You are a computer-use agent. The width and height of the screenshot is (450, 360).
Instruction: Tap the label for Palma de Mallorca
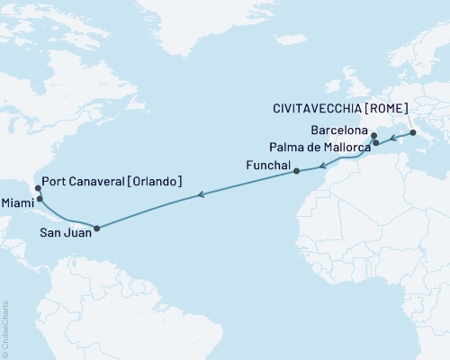319,148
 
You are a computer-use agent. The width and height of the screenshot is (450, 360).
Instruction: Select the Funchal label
266,166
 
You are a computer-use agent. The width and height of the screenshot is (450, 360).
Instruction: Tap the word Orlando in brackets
155,182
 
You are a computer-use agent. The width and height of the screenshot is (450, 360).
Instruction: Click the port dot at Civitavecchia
413,134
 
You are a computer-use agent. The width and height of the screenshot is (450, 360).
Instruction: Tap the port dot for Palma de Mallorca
375,143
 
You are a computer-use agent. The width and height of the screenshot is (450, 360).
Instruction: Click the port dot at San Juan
96,228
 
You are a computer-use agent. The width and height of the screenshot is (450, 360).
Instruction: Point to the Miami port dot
37,201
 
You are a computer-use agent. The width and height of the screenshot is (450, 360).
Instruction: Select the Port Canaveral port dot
37,189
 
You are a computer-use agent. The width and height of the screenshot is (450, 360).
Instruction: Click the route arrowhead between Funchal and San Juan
202,193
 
